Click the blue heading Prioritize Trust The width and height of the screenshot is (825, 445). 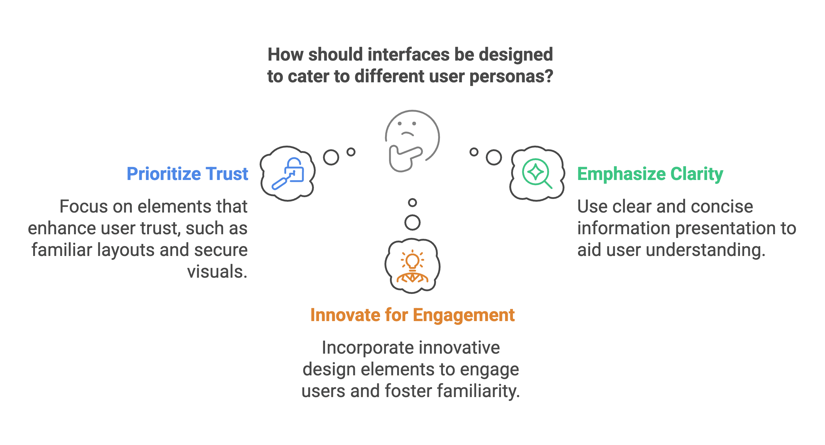(x=187, y=174)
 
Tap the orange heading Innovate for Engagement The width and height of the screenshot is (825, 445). (x=413, y=315)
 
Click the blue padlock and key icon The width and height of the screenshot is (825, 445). (x=288, y=174)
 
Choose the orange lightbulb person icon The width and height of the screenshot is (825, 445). (x=413, y=266)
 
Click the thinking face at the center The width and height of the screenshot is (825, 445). (x=413, y=141)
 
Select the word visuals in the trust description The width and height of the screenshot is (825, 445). (x=217, y=272)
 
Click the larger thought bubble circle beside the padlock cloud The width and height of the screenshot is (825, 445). (x=331, y=157)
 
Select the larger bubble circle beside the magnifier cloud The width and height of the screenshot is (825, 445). (x=494, y=157)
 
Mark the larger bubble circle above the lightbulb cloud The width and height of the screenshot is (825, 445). (x=413, y=222)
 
